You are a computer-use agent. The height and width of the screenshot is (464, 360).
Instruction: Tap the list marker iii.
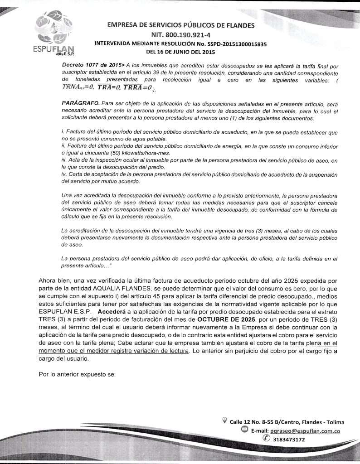tap(63, 161)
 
